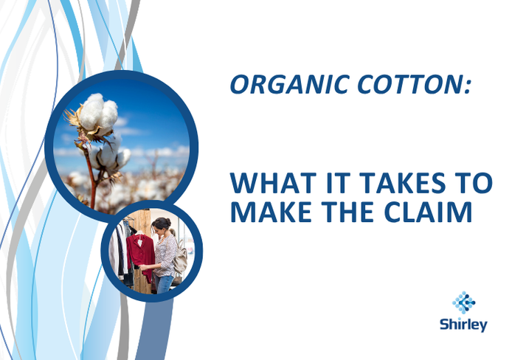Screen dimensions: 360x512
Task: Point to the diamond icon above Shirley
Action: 463,302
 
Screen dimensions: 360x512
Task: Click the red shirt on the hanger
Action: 140,255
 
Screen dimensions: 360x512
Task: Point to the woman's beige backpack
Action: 180,256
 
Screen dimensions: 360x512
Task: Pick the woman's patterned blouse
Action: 165,251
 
